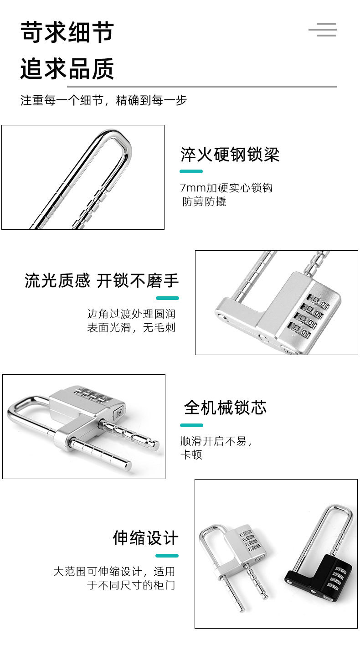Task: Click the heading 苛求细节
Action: point(67,33)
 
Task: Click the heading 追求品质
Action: point(67,69)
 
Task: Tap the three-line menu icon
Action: point(323,30)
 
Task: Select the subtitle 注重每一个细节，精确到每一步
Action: point(103,100)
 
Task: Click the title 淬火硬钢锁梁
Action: point(230,155)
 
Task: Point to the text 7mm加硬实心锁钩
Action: point(226,187)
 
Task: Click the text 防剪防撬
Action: point(204,201)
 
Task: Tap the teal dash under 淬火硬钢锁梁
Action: point(191,171)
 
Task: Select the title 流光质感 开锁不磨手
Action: point(102,281)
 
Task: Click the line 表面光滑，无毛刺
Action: point(131,327)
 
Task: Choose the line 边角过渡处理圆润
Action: point(131,314)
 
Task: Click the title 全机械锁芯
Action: point(225,407)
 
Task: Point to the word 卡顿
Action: point(191,454)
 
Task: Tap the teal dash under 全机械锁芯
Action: point(191,425)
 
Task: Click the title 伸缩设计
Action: point(145,538)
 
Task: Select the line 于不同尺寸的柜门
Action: point(131,585)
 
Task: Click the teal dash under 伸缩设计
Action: point(167,556)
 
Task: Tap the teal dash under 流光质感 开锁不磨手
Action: point(167,298)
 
